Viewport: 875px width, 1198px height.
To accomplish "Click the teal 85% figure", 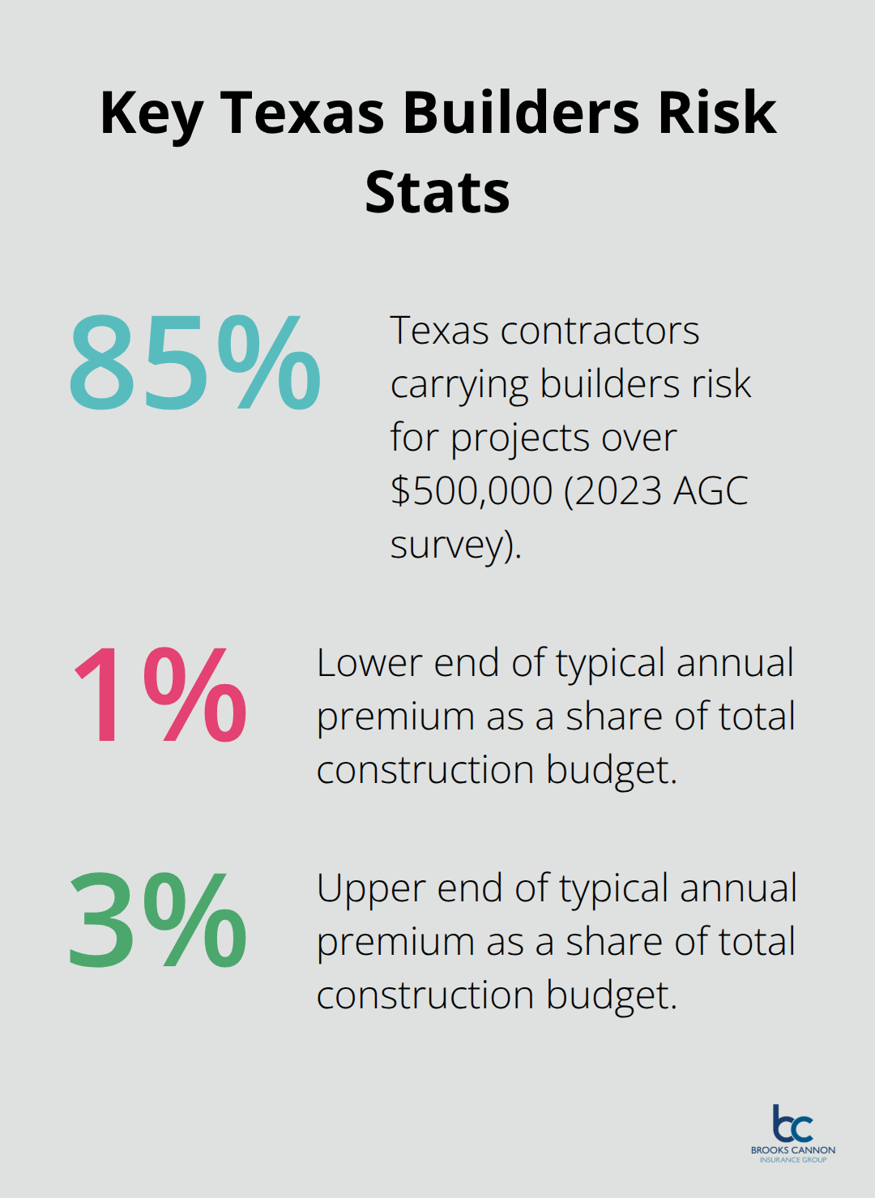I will pyautogui.click(x=194, y=363).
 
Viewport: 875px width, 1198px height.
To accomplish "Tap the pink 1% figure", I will pyautogui.click(x=160, y=695).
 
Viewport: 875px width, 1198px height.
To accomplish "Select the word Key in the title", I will pyautogui.click(x=151, y=113).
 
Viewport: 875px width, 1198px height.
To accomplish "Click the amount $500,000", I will pyautogui.click(x=472, y=490).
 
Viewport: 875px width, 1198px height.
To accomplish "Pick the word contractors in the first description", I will pyautogui.click(x=600, y=331).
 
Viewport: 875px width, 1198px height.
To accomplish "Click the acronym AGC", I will pyautogui.click(x=709, y=490).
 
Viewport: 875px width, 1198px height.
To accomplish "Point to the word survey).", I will pyautogui.click(x=455, y=546).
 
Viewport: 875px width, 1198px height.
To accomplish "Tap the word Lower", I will pyautogui.click(x=369, y=663).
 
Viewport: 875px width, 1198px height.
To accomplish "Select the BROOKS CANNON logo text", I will pyautogui.click(x=792, y=1149).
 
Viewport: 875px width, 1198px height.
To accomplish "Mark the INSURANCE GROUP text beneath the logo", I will pyautogui.click(x=792, y=1160).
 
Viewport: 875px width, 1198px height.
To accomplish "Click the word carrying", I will pyautogui.click(x=459, y=385).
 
